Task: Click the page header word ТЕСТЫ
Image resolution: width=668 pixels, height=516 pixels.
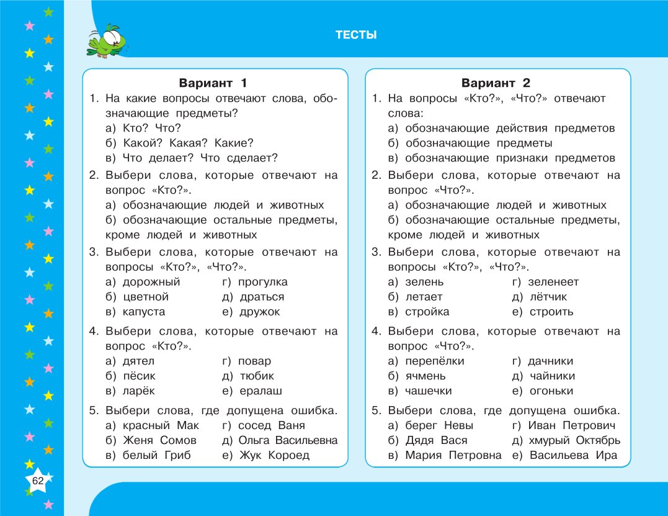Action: (356, 35)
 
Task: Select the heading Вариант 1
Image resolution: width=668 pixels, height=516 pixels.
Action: (213, 83)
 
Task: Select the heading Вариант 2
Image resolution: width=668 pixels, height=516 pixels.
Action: (496, 83)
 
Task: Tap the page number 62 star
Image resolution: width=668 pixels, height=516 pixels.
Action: (37, 481)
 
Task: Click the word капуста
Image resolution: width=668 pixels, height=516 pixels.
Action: (144, 312)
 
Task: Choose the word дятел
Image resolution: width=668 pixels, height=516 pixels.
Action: (138, 361)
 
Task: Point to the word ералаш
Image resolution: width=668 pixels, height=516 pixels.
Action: (261, 391)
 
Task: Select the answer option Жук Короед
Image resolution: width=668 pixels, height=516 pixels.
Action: (274, 455)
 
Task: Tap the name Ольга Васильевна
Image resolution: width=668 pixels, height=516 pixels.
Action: (288, 440)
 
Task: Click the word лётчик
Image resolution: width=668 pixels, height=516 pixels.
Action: (548, 297)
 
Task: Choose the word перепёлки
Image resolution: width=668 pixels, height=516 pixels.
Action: (434, 361)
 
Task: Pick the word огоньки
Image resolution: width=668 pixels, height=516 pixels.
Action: (551, 391)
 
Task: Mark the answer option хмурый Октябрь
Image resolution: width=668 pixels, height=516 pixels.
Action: (574, 440)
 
